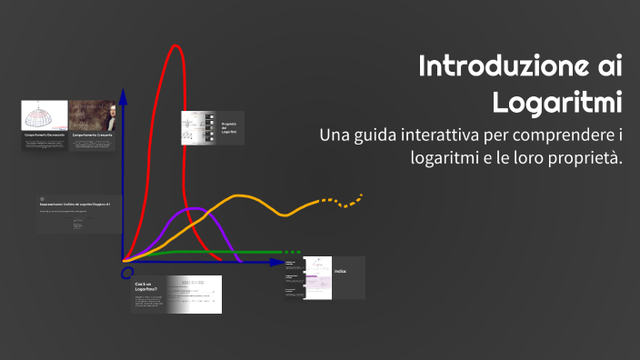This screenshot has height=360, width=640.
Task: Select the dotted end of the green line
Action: pyautogui.click(x=291, y=252)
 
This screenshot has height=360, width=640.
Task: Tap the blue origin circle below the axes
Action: pyautogui.click(x=127, y=272)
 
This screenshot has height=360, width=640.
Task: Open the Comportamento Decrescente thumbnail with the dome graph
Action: pyautogui.click(x=45, y=117)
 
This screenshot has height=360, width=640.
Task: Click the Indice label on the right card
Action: pyautogui.click(x=339, y=271)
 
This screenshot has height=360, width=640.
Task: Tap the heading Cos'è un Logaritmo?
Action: pyautogui.click(x=146, y=288)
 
